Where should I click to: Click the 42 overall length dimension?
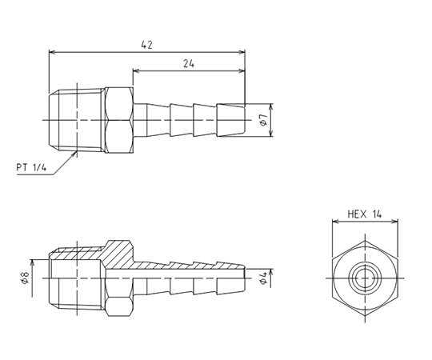pyautogui.click(x=146, y=45)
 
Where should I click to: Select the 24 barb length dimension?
pyautogui.click(x=189, y=64)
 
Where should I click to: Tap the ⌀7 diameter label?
pyautogui.click(x=264, y=120)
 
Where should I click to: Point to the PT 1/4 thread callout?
pyautogui.click(x=31, y=167)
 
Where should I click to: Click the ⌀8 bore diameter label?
pyautogui.click(x=25, y=278)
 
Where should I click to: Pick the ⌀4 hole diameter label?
pyautogui.click(x=264, y=278)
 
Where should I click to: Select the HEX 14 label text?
pyautogui.click(x=365, y=214)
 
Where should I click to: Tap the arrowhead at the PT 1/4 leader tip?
pyautogui.click(x=74, y=154)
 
